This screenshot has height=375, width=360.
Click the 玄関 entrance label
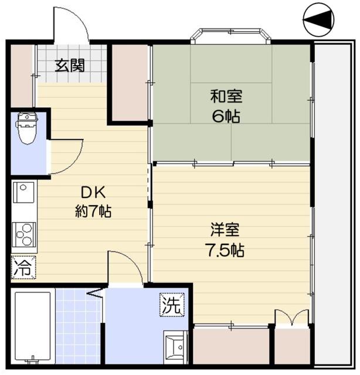click(70, 66)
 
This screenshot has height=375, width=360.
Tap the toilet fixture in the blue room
click(27, 128)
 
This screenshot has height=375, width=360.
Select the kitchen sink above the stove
click(23, 192)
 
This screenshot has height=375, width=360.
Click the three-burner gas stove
click(24, 234)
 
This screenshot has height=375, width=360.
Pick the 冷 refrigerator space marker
click(23, 267)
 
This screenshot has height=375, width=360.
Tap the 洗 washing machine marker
click(172, 305)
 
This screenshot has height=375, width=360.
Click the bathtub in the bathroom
click(33, 326)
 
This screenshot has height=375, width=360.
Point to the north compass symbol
click(318, 19)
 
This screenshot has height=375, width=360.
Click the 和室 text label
click(226, 96)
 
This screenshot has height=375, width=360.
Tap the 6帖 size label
click(226, 117)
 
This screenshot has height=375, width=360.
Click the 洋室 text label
click(225, 230)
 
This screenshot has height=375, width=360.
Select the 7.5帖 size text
click(225, 250)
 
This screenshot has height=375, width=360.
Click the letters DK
click(93, 193)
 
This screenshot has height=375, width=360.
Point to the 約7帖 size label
click(93, 211)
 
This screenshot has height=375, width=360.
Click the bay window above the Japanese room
click(231, 35)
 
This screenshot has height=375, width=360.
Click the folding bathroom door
click(96, 294)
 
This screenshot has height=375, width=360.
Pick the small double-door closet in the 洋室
click(292, 318)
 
